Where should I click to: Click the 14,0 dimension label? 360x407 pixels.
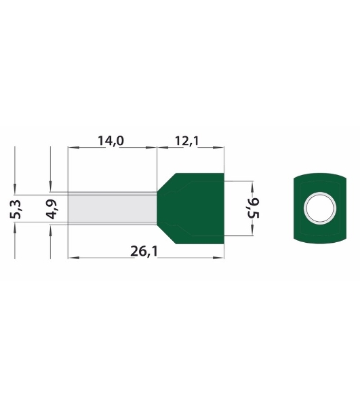111,140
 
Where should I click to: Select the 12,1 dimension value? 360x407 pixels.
187,141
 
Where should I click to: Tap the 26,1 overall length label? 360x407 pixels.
144,251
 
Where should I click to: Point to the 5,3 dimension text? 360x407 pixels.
16,209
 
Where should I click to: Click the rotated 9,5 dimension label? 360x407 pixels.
254,208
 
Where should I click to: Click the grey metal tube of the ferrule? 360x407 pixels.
113,208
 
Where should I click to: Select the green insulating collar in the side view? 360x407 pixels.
191,208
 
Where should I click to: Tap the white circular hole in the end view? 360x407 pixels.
320,208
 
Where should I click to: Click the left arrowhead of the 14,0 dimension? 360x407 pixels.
73,147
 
